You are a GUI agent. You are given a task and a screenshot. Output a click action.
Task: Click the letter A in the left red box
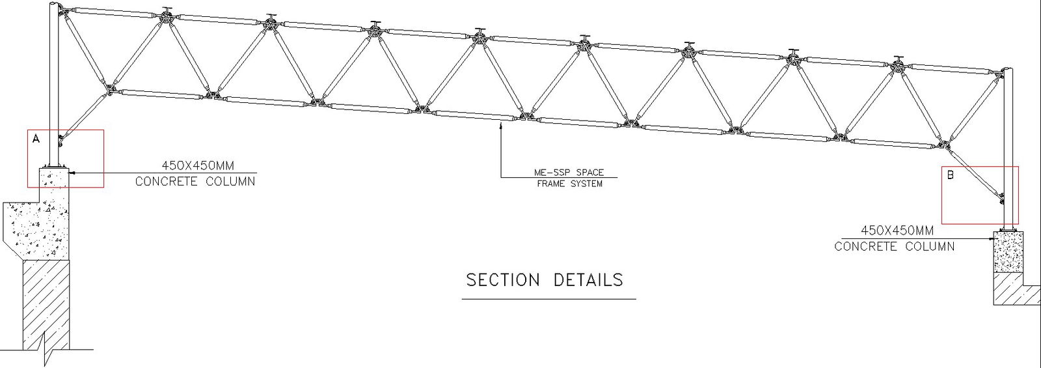click(36, 139)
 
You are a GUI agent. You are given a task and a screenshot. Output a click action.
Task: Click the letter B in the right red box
click(950, 175)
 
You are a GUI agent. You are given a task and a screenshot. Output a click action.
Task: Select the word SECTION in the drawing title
click(503, 280)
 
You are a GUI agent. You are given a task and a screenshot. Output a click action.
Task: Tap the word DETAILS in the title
click(588, 280)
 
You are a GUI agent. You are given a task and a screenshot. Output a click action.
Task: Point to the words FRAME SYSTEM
click(569, 184)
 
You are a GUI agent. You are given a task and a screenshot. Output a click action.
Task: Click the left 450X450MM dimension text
click(198, 166)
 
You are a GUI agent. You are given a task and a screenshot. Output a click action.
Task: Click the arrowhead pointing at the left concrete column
click(72, 173)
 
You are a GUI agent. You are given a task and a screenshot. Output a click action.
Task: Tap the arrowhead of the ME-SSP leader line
click(500, 126)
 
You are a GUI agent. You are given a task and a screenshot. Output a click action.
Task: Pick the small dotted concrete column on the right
click(1008, 252)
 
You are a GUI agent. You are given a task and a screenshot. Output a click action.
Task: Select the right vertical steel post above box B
click(1008, 117)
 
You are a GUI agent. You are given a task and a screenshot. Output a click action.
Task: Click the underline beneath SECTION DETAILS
click(548, 299)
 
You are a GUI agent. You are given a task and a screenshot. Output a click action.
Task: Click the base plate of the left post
click(55, 166)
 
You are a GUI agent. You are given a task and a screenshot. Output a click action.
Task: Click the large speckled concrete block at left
click(36, 225)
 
